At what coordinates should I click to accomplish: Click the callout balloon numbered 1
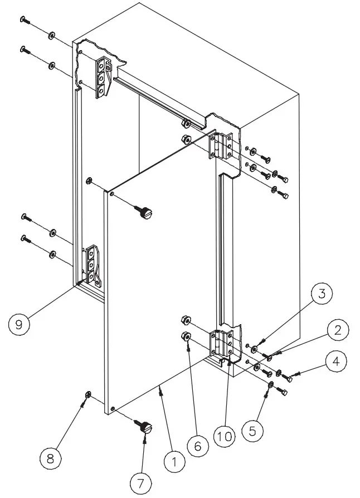coord(174,461)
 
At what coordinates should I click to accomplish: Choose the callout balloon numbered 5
coord(253,429)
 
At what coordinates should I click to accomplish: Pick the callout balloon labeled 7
coord(140,482)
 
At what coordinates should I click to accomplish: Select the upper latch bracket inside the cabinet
coord(103,77)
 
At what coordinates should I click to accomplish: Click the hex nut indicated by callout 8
coord(88,395)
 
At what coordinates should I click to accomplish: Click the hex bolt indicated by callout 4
coord(289,379)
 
